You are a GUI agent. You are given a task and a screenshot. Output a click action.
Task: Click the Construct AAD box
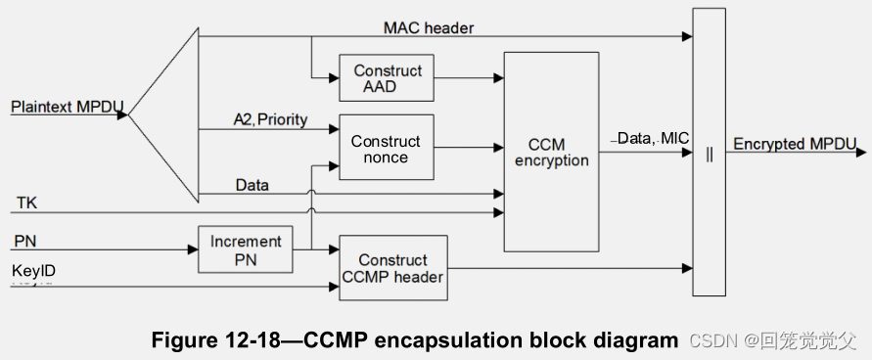point(388,78)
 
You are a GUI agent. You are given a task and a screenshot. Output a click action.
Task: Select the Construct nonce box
point(386,148)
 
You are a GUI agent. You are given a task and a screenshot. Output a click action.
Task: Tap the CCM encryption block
point(552,152)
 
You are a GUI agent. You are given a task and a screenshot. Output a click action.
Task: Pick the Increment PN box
point(245,248)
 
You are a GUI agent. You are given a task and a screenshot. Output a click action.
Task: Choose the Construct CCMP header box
point(392,267)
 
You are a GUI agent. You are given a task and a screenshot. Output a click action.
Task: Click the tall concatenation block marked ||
point(710,152)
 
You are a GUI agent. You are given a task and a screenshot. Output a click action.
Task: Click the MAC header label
point(428,28)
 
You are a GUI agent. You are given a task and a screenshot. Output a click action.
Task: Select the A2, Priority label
point(270,120)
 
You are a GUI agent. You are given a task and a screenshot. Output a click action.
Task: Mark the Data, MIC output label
point(653,139)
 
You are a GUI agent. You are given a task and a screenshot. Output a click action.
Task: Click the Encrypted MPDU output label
point(795,144)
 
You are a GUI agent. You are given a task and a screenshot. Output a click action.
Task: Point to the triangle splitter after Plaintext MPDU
point(166,114)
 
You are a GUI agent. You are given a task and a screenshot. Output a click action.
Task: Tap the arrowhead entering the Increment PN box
point(193,248)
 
